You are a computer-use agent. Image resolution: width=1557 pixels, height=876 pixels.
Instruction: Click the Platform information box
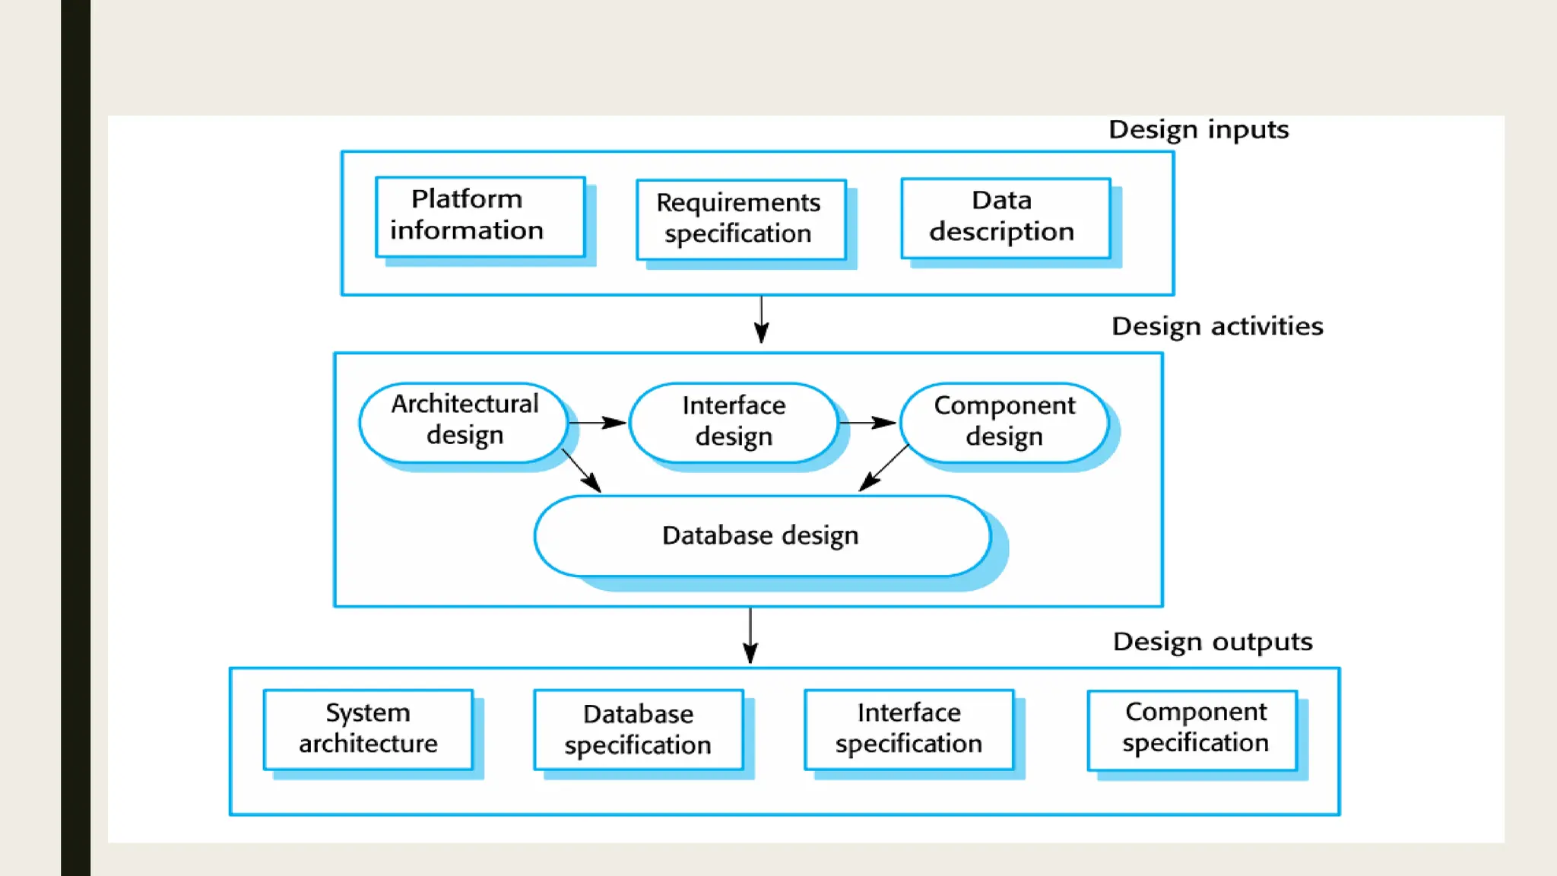point(480,217)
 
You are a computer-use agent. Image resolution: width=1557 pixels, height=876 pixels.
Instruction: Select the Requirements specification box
point(740,219)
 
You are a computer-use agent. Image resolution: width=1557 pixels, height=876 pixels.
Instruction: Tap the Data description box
point(1005,217)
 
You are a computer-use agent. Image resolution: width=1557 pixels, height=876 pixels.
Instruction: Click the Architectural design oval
point(464,422)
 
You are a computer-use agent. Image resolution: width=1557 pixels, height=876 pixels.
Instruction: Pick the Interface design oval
point(734,422)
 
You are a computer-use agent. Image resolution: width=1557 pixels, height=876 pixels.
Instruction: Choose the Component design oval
point(1004,422)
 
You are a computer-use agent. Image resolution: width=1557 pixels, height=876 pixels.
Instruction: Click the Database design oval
point(762,535)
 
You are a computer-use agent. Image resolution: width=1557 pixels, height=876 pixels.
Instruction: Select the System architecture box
point(368,729)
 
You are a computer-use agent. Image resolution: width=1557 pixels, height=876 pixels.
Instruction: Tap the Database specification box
point(638,729)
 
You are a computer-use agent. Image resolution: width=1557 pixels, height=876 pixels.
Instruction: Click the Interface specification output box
point(909,729)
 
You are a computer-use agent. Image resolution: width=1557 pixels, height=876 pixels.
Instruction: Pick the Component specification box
point(1192,729)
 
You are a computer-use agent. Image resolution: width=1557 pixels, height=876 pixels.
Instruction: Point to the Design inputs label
point(1198,130)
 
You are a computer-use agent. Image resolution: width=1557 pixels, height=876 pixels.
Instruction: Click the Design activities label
point(1216,326)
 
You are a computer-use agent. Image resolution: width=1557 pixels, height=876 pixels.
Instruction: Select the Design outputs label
point(1212,642)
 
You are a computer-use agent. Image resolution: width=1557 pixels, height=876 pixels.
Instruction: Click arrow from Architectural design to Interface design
point(598,422)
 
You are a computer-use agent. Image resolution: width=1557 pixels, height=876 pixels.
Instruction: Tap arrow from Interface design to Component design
point(867,422)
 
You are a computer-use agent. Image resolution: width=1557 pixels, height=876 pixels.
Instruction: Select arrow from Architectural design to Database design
point(582,471)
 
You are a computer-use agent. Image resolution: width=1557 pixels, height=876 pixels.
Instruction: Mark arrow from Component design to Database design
point(883,468)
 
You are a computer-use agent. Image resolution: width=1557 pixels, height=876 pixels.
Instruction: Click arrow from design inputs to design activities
point(761,319)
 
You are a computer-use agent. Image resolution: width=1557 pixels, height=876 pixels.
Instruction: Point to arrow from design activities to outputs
point(750,636)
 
